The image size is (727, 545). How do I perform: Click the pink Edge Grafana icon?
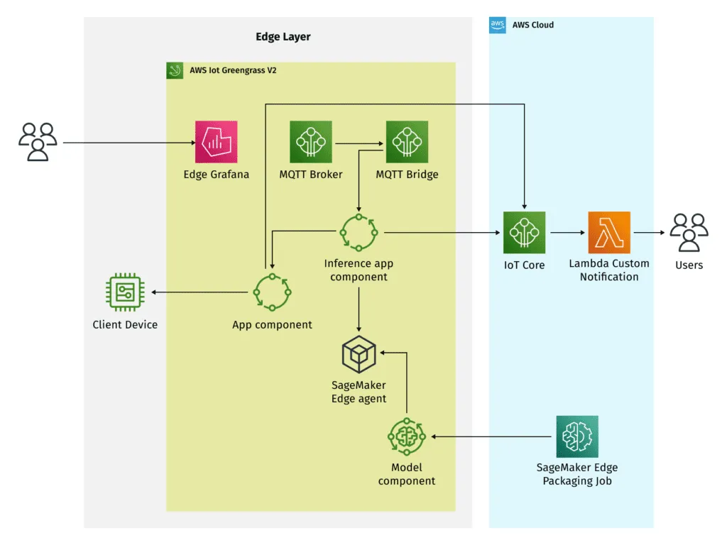click(x=217, y=142)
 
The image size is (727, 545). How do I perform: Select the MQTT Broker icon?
click(x=311, y=142)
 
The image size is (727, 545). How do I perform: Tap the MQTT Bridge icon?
click(x=407, y=142)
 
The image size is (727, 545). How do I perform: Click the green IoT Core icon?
click(x=524, y=232)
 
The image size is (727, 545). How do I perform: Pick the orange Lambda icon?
click(x=609, y=232)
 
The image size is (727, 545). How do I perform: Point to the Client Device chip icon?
click(x=125, y=292)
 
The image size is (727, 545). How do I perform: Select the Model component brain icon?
click(x=407, y=436)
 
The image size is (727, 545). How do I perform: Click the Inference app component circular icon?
click(x=359, y=232)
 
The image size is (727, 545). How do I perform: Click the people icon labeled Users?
click(x=689, y=232)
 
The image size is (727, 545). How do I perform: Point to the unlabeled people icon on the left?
click(x=38, y=142)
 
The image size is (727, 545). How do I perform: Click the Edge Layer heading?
click(x=283, y=37)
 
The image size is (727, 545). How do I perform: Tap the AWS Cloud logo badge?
click(x=498, y=25)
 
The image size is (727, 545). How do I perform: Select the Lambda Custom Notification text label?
click(x=609, y=270)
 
